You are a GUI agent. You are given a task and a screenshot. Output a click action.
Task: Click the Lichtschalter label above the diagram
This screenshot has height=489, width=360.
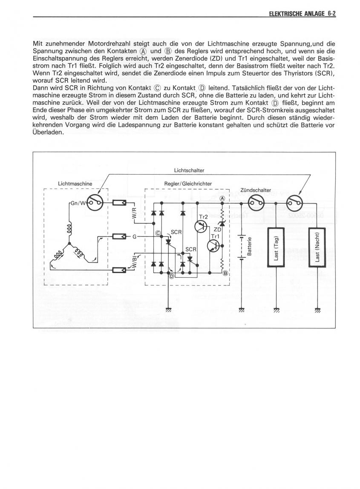[189, 170]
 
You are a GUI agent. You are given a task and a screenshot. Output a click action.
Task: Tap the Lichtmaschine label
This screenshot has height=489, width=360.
[75, 184]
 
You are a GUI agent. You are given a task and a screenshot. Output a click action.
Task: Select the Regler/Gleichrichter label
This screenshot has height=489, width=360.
[188, 184]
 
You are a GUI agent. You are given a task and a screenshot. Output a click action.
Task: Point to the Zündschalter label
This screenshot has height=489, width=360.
[256, 190]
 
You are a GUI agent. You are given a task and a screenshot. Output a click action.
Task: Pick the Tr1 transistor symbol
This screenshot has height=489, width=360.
[214, 245]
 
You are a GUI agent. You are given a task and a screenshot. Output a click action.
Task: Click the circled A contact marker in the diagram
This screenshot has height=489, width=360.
[222, 198]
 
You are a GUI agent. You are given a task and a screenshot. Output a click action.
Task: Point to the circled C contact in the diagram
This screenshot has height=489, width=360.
[158, 233]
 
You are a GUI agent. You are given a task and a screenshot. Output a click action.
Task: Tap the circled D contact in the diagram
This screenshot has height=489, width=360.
[172, 276]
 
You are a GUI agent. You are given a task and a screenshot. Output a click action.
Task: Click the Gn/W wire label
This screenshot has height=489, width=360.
[78, 203]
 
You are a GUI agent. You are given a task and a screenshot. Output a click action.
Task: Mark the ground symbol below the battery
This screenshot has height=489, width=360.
[242, 310]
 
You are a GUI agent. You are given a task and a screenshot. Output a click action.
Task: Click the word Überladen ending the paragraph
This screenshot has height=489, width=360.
[48, 132]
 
